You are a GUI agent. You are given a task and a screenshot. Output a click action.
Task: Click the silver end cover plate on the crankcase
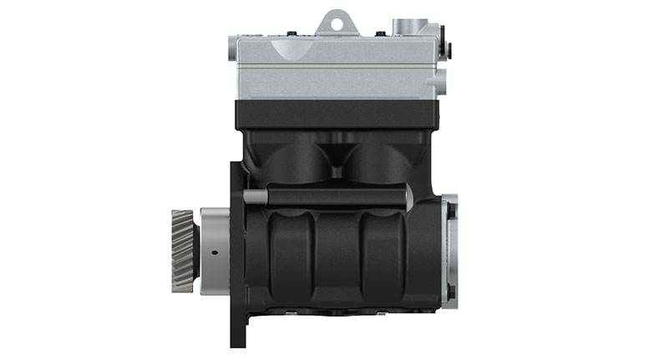(x=449, y=250)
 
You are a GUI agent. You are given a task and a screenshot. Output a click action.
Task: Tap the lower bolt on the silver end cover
(x=452, y=292)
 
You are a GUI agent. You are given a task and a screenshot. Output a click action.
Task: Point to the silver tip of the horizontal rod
(x=407, y=197)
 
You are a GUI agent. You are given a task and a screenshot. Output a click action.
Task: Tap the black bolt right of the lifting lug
(x=380, y=34)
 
